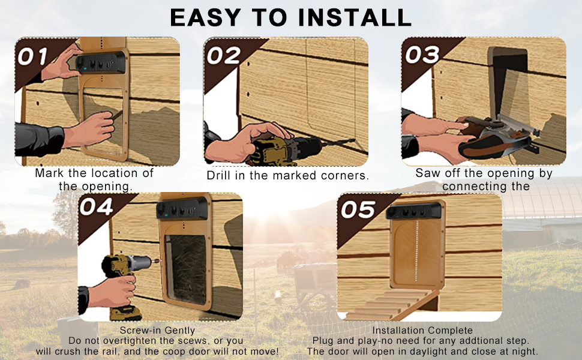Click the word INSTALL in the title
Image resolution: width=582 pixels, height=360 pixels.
tap(355, 17)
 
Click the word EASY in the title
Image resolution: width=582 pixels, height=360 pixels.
tap(205, 17)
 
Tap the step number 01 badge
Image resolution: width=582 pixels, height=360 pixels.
tap(32, 57)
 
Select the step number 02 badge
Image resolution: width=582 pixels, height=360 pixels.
tap(224, 56)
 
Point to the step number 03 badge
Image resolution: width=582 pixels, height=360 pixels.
tap(422, 55)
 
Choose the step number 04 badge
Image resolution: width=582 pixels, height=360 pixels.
tap(96, 207)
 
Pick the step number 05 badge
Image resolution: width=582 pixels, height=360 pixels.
tap(358, 209)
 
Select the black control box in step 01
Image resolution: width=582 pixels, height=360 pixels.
tap(100, 63)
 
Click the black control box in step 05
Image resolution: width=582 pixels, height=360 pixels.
tap(413, 212)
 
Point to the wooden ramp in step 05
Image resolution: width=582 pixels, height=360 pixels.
tap(394, 304)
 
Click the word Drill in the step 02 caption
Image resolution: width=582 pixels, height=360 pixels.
tap(218, 175)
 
